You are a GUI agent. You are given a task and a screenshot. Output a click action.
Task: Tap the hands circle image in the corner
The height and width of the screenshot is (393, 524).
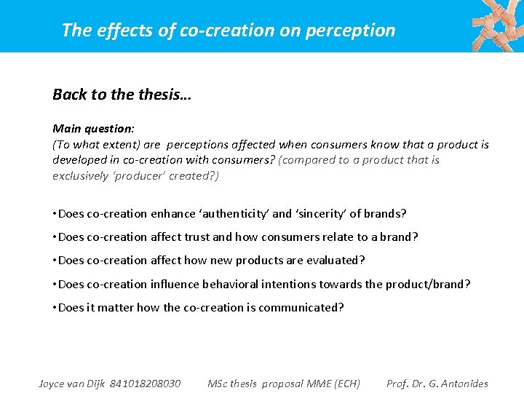496,25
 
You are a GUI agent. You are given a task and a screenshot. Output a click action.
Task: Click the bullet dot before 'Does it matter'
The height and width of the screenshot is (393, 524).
55,307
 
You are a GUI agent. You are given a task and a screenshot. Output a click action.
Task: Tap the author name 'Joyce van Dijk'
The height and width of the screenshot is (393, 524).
71,384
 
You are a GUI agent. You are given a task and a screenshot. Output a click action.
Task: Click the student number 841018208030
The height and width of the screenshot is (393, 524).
145,384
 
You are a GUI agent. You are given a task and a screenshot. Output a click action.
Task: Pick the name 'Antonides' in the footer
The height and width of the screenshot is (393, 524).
462,384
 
